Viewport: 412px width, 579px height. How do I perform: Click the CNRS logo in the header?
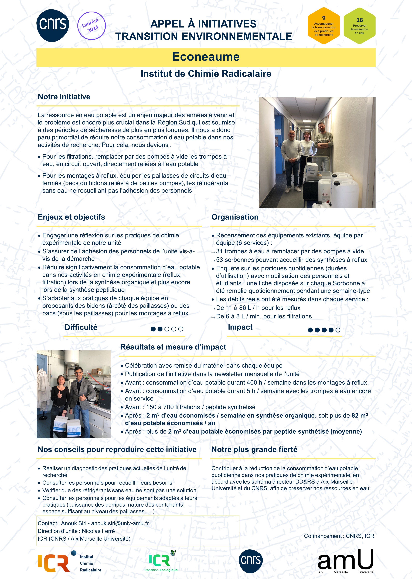click(x=53, y=25)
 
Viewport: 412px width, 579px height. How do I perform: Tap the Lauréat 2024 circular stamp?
click(x=91, y=26)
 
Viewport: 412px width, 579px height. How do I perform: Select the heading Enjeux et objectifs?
click(x=71, y=217)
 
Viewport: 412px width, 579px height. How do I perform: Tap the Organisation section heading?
click(x=235, y=217)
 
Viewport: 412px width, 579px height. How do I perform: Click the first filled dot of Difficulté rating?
click(x=153, y=329)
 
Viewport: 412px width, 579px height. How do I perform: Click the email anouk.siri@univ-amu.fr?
click(x=120, y=523)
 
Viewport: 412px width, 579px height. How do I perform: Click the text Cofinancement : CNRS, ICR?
click(x=339, y=536)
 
